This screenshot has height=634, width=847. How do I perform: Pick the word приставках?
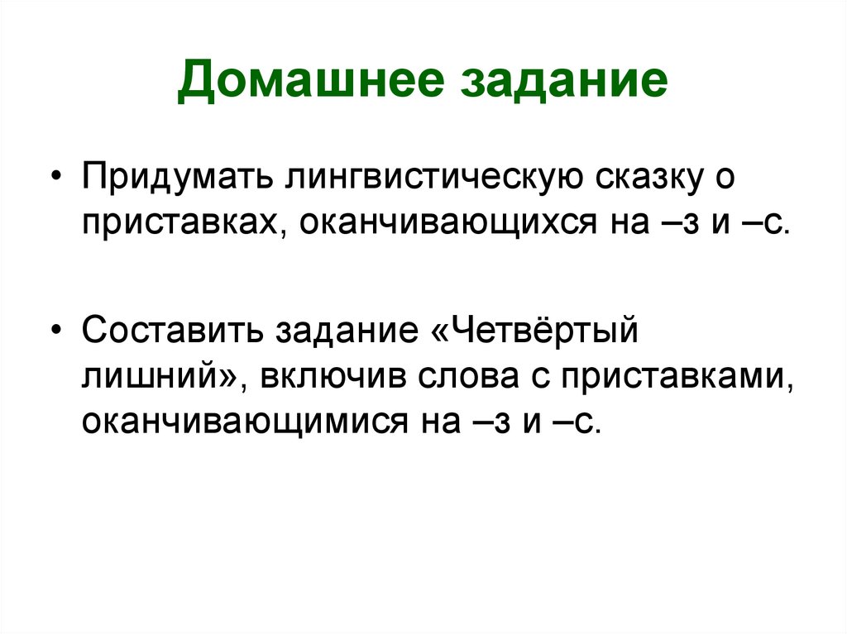tap(181, 223)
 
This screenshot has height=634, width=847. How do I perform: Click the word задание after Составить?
tap(344, 332)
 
